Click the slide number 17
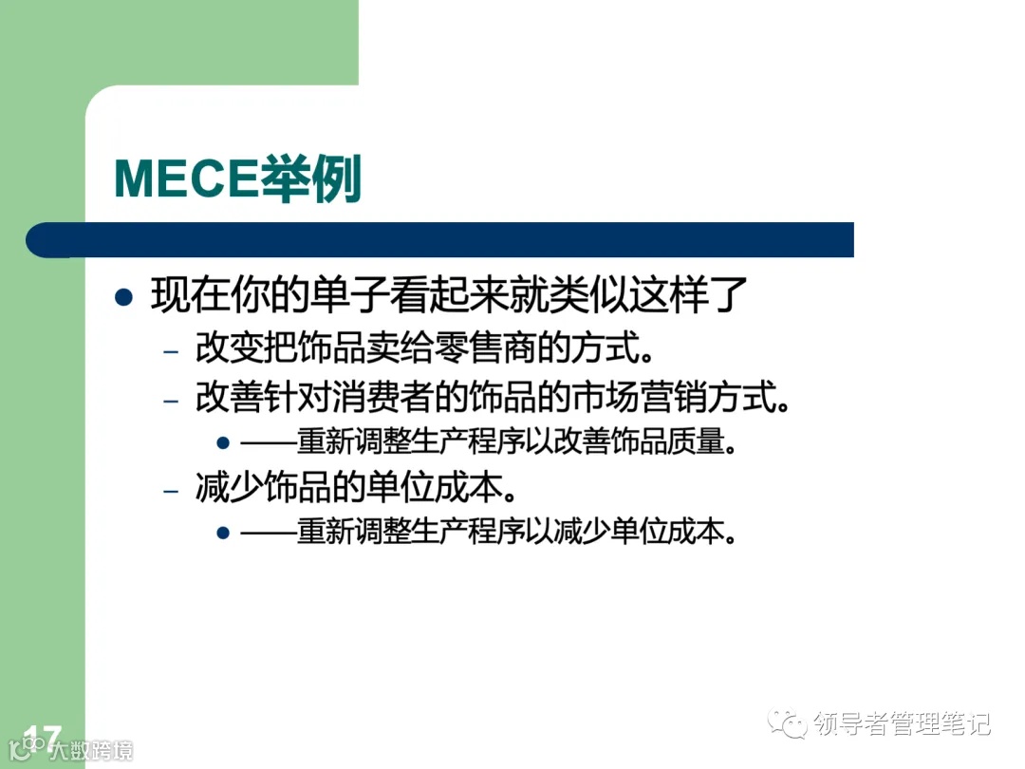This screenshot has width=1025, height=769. pyautogui.click(x=43, y=736)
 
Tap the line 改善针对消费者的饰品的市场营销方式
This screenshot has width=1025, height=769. pyautogui.click(x=492, y=397)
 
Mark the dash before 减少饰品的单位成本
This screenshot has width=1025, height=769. pyautogui.click(x=171, y=491)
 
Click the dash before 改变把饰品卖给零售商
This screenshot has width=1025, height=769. pyautogui.click(x=171, y=350)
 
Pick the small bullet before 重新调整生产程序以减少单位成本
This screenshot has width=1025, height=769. pyautogui.click(x=223, y=533)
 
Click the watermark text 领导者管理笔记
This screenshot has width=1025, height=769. pyautogui.click(x=902, y=724)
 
